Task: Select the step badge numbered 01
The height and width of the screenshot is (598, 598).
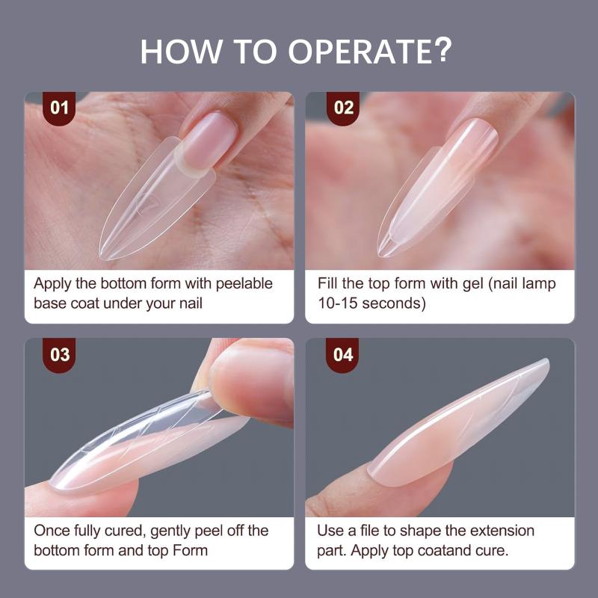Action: [x=59, y=108]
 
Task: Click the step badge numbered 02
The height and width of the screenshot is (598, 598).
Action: [x=343, y=108]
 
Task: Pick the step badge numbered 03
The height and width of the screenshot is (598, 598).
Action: [x=60, y=355]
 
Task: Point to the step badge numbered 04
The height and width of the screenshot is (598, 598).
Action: [x=343, y=355]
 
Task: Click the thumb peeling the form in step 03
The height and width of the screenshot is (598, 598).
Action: [x=252, y=381]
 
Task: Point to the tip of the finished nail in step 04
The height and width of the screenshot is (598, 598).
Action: [x=546, y=361]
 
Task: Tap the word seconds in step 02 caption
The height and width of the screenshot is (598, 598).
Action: [x=394, y=303]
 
